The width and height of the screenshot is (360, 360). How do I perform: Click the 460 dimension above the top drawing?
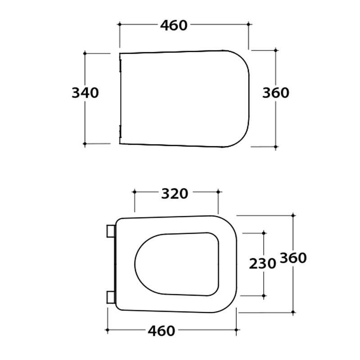(174, 25)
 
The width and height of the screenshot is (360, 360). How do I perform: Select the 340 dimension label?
(85, 93)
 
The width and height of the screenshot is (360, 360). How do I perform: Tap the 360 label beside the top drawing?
(276, 93)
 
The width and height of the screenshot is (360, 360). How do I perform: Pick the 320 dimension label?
(175, 193)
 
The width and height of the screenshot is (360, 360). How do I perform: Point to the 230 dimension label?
(262, 263)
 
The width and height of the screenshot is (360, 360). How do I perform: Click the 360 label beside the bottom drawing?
(293, 257)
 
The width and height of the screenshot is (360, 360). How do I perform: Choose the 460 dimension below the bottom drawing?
(162, 331)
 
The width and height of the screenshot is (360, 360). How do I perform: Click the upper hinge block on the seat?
(111, 231)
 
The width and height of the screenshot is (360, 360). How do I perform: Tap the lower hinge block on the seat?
(111, 297)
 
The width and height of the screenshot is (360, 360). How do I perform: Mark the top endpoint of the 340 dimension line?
(85, 54)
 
